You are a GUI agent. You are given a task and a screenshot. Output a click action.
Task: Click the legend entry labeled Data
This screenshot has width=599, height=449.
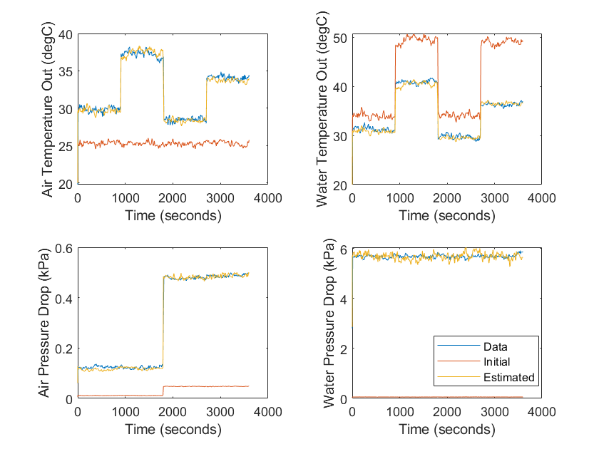tap(494, 346)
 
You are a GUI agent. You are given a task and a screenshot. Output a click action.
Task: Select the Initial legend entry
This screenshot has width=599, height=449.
tap(496, 362)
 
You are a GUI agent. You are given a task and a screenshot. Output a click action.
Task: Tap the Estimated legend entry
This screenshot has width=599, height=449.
tap(508, 378)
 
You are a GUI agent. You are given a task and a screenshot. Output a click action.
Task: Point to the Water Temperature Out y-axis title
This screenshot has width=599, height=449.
tap(322, 109)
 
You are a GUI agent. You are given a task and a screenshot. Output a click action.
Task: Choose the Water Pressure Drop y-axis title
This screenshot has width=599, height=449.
tap(328, 324)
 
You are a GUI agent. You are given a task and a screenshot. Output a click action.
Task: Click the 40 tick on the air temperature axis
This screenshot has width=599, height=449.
tap(66, 35)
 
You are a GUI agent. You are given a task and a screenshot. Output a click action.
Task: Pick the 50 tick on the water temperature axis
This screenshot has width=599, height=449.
tap(339, 37)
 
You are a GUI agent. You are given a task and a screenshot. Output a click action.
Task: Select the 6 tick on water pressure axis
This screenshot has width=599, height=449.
tap(343, 249)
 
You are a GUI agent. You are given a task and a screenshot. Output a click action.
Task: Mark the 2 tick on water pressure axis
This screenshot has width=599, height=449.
tap(343, 349)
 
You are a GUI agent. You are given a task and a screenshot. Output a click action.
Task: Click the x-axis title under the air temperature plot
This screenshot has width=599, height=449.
tap(173, 215)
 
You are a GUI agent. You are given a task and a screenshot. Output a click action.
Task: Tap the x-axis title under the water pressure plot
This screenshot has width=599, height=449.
tap(446, 430)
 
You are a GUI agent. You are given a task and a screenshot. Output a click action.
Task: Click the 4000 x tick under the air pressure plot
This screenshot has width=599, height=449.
tap(267, 412)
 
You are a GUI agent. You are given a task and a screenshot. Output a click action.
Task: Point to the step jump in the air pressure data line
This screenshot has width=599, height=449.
tap(163, 321)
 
